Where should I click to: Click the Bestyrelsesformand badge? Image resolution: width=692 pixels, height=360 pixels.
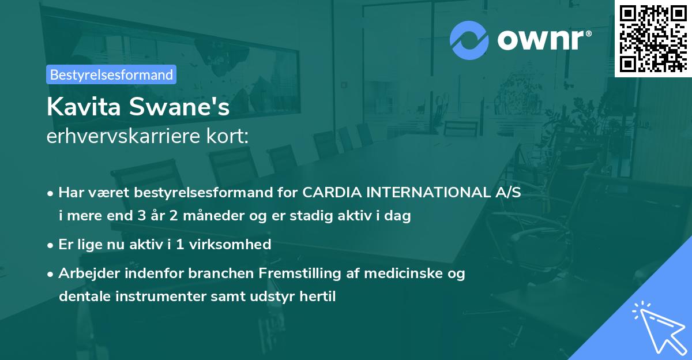[x=111, y=74]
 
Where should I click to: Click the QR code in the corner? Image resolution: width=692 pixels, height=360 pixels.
[x=653, y=38]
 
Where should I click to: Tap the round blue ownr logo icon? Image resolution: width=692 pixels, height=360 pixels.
[x=469, y=40]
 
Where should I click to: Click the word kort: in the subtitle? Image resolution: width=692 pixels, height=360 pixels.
[x=229, y=136]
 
